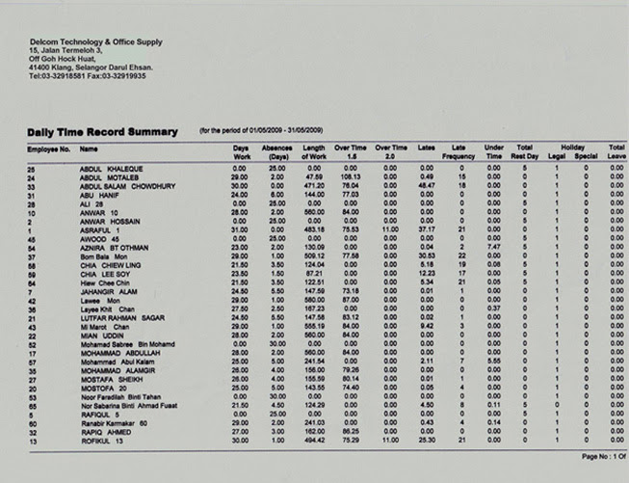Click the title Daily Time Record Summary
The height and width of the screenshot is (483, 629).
click(x=103, y=131)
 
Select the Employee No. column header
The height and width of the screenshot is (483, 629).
click(x=49, y=149)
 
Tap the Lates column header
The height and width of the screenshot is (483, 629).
click(x=427, y=149)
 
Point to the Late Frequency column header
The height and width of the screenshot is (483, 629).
click(x=459, y=150)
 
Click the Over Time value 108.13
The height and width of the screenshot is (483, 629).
click(x=350, y=177)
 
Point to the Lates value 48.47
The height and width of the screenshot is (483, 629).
click(x=427, y=186)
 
